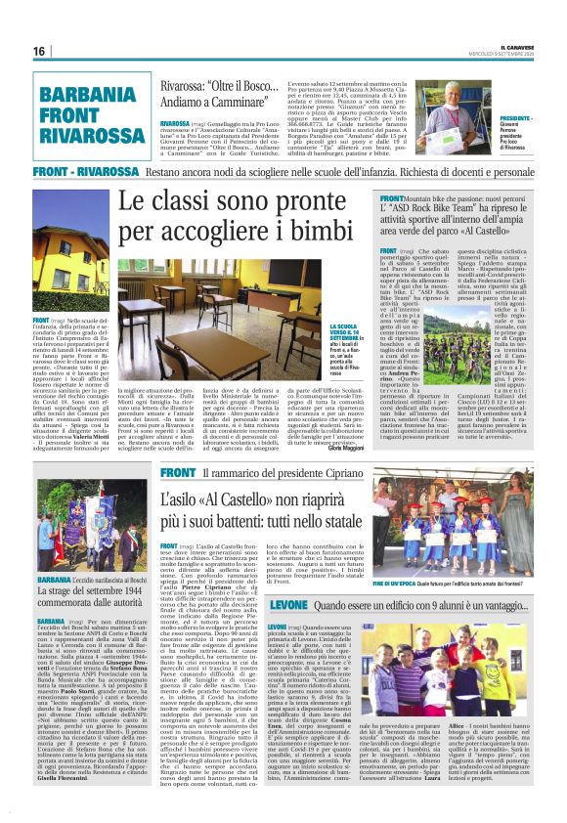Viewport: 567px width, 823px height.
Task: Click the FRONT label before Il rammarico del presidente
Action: point(173,473)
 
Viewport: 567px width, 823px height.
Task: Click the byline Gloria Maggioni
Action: point(347,445)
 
